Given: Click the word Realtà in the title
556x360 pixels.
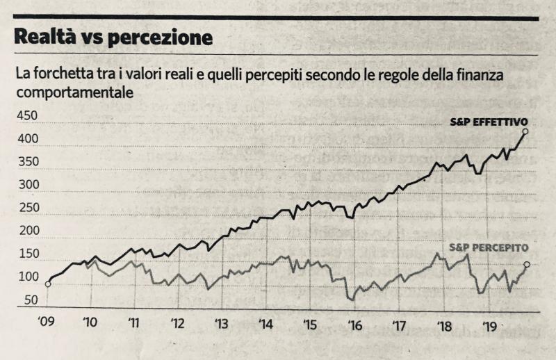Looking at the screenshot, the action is [x=45, y=37].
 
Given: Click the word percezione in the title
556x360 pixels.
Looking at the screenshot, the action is [x=160, y=38].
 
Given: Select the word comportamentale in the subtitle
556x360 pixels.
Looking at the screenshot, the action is [x=75, y=92].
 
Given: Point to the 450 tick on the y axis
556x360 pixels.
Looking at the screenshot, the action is [x=27, y=115].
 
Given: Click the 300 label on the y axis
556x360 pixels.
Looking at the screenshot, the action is [x=28, y=184].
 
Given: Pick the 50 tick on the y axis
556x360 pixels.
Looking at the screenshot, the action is [x=31, y=300].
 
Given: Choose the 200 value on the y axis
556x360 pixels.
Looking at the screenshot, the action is [x=28, y=231].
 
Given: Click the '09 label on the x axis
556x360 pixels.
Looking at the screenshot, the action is [x=46, y=321].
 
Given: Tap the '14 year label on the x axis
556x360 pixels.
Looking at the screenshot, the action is [x=266, y=324].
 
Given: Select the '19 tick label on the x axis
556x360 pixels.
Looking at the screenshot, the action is [x=490, y=326].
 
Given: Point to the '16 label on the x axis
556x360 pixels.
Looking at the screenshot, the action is [x=355, y=325].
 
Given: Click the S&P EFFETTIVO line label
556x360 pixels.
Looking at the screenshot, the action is [x=489, y=122].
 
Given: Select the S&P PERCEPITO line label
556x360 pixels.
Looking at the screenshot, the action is [x=489, y=247].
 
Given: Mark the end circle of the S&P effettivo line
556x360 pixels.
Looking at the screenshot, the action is [x=525, y=131].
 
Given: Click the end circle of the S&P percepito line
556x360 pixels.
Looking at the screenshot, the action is [x=527, y=264].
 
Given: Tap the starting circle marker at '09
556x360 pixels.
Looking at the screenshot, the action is [x=48, y=284].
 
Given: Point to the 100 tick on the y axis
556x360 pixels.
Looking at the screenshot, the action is [x=28, y=277].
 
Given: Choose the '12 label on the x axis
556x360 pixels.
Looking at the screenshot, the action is [x=178, y=323].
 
